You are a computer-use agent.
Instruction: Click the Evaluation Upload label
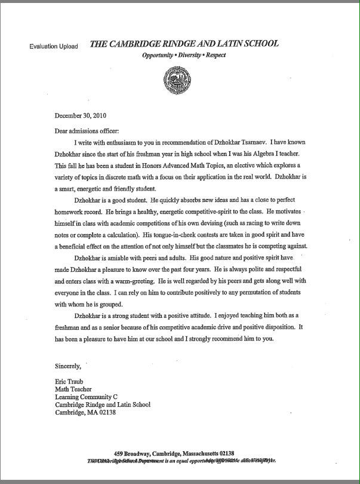[x=54, y=47]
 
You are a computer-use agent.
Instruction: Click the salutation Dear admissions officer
[x=87, y=131]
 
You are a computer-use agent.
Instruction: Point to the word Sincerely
[x=69, y=366]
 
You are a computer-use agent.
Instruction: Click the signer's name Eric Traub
[x=69, y=382]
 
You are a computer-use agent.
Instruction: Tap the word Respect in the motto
[x=216, y=55]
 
